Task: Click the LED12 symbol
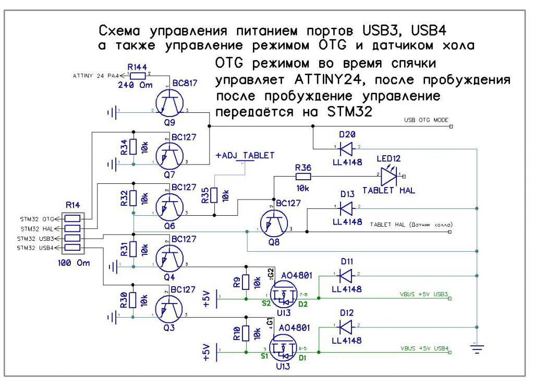click(389, 177)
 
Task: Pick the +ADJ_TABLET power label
click(245, 156)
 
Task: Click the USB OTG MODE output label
click(426, 120)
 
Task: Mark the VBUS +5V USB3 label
click(422, 294)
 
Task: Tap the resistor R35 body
click(215, 197)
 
